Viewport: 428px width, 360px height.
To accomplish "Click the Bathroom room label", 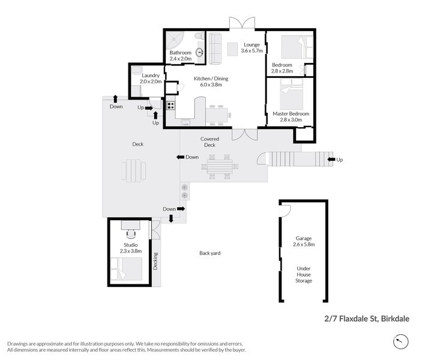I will pyautogui.click(x=180, y=53).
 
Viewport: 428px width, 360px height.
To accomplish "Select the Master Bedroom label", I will pyautogui.click(x=291, y=113).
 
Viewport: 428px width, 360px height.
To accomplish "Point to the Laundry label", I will pyautogui.click(x=151, y=75).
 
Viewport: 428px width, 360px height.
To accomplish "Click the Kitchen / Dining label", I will pyautogui.click(x=211, y=79).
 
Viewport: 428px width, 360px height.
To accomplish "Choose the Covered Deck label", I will pyautogui.click(x=209, y=142).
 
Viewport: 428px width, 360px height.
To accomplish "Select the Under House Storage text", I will pyautogui.click(x=303, y=275).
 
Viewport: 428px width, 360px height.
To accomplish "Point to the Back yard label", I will pyautogui.click(x=210, y=253).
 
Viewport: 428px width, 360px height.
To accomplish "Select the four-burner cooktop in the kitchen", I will pyautogui.click(x=170, y=106).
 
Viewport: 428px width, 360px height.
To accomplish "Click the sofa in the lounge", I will pyautogui.click(x=215, y=47).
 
